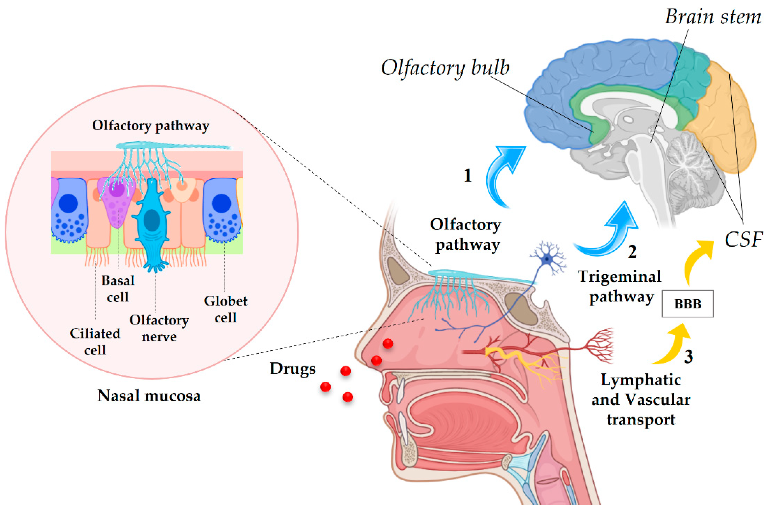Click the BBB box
tap(687, 304)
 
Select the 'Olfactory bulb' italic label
tap(445, 68)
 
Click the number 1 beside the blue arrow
tap(467, 176)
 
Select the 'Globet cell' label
tap(226, 309)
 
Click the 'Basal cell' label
tap(118, 289)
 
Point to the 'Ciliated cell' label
tap(95, 341)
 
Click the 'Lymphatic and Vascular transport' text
tap(641, 399)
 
